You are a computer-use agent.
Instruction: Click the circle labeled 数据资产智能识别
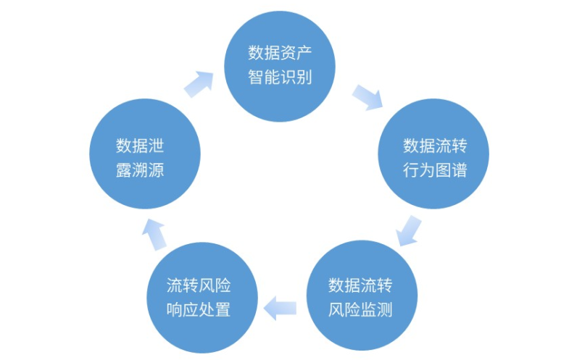point(280,64)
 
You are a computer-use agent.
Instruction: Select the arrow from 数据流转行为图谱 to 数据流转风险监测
point(408,230)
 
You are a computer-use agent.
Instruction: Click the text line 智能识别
point(280,76)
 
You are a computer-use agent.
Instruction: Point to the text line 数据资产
point(280,52)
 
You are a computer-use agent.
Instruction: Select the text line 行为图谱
point(434,170)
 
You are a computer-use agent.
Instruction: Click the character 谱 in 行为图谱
point(458,170)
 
